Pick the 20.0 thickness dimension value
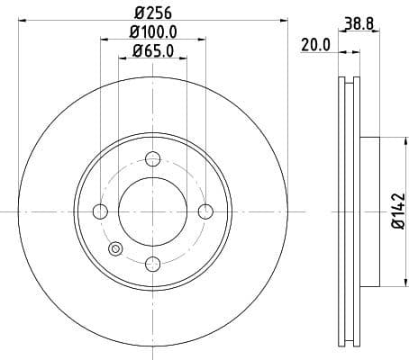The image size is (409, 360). [x=315, y=42]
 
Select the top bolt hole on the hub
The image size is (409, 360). [x=152, y=158]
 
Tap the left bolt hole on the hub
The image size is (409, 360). [x=100, y=211]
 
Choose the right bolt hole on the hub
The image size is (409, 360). [x=205, y=211]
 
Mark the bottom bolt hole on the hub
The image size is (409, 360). [x=152, y=263]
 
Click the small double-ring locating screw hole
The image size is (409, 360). [x=114, y=250]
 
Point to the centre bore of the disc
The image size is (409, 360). [x=152, y=211]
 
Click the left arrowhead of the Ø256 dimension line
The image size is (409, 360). [x=22, y=22]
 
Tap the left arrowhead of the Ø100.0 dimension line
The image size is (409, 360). [x=96, y=41]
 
